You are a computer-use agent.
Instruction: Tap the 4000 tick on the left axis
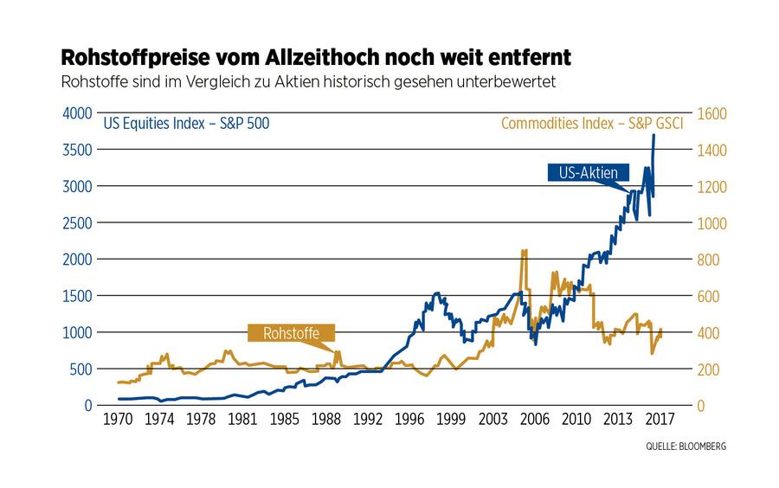(75, 113)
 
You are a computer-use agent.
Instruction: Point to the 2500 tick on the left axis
(75, 223)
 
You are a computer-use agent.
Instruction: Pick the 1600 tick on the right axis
(714, 113)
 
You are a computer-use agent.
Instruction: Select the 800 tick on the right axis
(711, 260)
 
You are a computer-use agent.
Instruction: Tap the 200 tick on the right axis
(711, 369)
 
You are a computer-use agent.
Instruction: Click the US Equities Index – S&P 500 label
(186, 124)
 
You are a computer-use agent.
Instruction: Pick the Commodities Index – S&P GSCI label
(592, 124)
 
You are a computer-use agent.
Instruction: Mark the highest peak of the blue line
(653, 135)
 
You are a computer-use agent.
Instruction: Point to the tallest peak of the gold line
(524, 251)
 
